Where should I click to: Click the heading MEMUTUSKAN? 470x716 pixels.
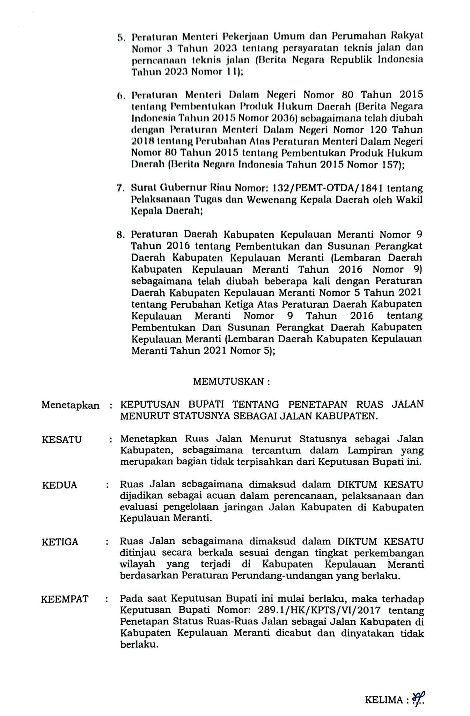(232, 382)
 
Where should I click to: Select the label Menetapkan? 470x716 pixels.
(70, 405)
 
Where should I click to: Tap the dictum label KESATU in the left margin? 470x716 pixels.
(62, 439)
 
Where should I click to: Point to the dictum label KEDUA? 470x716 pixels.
(59, 485)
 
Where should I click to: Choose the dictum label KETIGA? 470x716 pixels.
(60, 542)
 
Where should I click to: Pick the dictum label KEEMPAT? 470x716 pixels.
(65, 599)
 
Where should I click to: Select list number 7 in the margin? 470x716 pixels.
(120, 189)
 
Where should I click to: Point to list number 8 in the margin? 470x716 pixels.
(120, 235)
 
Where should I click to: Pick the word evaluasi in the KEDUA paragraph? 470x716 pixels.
(140, 507)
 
